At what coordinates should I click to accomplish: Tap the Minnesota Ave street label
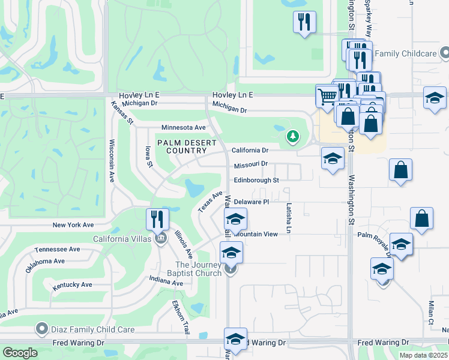[183, 127]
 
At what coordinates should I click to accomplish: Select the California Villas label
[123, 238]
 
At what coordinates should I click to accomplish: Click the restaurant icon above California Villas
[157, 220]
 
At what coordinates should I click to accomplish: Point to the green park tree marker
[293, 137]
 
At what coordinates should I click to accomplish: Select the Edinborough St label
[256, 180]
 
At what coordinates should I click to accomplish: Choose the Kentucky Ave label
[72, 284]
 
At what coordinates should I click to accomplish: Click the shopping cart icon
[327, 96]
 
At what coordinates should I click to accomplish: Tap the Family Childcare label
[405, 54]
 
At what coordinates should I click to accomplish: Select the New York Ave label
[73, 225]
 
